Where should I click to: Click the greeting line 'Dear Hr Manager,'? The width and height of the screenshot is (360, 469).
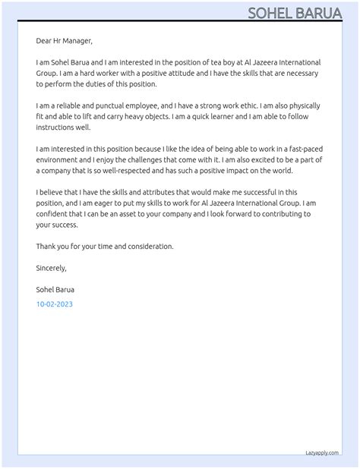(x=65, y=40)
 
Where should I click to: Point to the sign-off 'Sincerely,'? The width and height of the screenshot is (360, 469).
(x=52, y=268)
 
